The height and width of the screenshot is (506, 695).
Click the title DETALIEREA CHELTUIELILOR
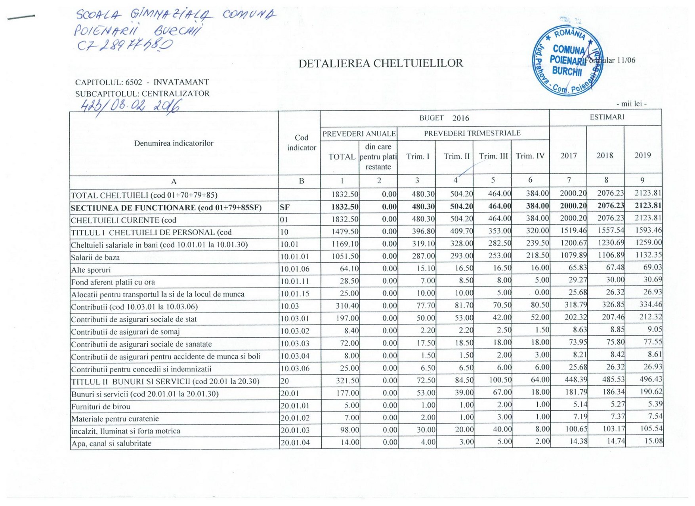[x=380, y=63]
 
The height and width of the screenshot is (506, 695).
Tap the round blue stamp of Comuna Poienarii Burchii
[x=567, y=62]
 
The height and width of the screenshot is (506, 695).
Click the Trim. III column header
[x=493, y=156]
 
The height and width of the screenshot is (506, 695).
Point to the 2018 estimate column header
[x=605, y=155]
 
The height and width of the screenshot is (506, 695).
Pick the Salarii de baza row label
[x=95, y=257]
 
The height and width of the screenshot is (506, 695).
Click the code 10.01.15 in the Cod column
[x=295, y=294]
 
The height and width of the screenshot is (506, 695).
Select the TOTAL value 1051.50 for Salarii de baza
[x=345, y=256]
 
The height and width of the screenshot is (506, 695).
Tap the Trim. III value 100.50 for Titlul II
[x=500, y=380]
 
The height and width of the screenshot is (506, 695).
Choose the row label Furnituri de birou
[x=101, y=406]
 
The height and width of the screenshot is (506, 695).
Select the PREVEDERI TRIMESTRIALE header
[x=472, y=133]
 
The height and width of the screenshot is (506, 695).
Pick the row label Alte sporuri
[x=91, y=270]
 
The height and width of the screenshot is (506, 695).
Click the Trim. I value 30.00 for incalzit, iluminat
[x=425, y=430]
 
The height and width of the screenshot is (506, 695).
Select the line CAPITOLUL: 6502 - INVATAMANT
[x=142, y=82]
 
